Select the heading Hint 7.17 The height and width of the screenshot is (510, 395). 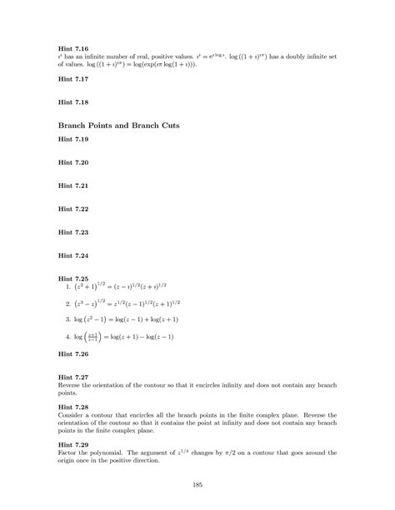pos(72,80)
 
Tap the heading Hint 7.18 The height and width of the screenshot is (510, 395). pos(72,102)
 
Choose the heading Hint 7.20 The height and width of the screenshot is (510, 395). pos(72,163)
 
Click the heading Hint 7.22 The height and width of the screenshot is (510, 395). pos(72,209)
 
